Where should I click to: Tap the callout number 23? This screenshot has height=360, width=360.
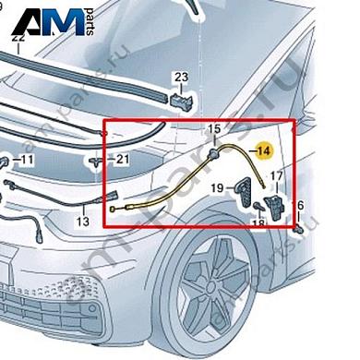pos(181,77)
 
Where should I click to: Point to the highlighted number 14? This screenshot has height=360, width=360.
pos(264,150)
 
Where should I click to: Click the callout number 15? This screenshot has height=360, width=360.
pos(214,128)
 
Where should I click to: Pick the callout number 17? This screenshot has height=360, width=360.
pos(276,174)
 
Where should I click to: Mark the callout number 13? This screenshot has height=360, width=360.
pos(82,222)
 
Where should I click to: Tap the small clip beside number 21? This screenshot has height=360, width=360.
pos(98,161)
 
